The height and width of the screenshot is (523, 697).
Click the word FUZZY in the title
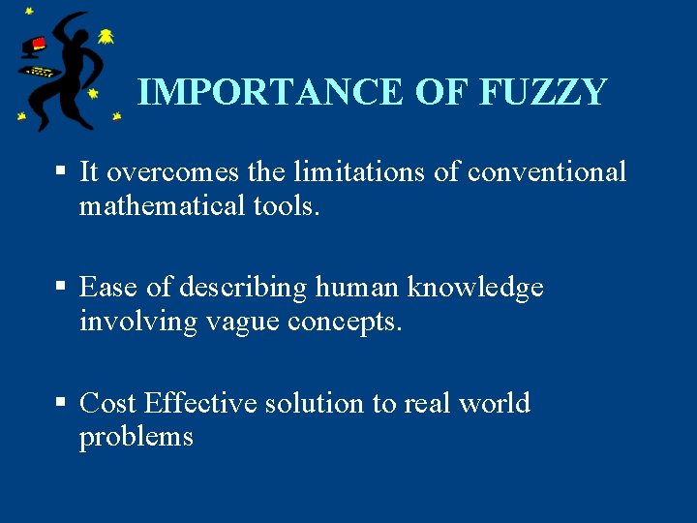tap(543, 92)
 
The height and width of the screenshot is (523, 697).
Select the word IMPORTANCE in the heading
tap(269, 92)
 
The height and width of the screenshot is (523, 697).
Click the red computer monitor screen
tap(38, 44)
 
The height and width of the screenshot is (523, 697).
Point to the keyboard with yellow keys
tap(40, 71)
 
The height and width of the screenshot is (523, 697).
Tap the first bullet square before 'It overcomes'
tap(61, 171)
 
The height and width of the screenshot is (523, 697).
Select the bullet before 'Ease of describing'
tap(61, 287)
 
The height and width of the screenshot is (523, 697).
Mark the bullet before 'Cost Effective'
tap(61, 402)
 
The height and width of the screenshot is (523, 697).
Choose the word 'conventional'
tap(547, 172)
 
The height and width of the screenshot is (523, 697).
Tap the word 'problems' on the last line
tap(136, 437)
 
